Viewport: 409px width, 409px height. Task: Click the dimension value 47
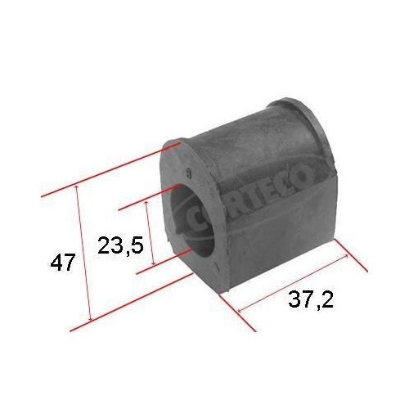point(63,263)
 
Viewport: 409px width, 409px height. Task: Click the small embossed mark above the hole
point(190,173)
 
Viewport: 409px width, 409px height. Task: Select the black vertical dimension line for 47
point(83,254)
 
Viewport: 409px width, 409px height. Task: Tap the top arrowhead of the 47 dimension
point(77,187)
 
